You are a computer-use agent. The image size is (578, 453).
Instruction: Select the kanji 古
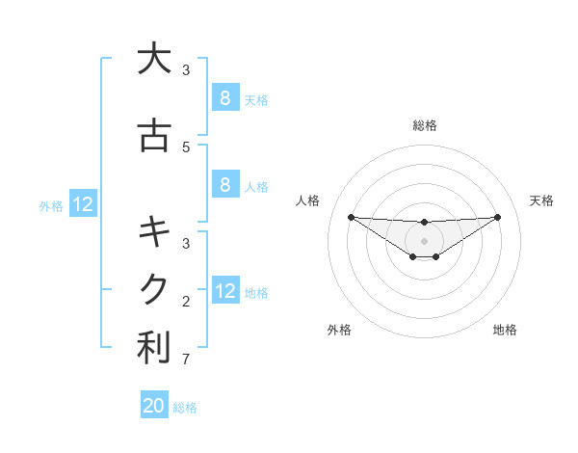154,137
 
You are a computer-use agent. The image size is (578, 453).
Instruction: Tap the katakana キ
154,231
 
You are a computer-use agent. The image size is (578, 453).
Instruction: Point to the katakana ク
154,288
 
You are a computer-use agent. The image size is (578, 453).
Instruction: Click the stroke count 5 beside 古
186,147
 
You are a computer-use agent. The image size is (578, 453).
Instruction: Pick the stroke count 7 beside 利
186,360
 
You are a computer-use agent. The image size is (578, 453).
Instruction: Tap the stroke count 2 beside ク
186,302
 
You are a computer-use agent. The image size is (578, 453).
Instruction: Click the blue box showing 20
154,406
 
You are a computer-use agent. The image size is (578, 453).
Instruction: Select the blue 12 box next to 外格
83,204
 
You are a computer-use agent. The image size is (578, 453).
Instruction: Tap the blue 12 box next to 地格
225,291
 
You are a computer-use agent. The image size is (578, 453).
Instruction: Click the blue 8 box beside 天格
224,98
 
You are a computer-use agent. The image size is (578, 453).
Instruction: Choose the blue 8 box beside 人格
224,185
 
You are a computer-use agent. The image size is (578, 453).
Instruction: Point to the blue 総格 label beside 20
185,408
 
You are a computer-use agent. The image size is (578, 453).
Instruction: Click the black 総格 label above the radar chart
425,125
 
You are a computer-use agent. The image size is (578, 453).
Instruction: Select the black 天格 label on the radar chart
541,200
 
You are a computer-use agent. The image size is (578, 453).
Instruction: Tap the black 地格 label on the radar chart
505,330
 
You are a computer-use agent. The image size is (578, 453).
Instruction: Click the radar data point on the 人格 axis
351,217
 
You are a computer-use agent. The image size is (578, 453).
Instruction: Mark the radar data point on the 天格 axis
498,217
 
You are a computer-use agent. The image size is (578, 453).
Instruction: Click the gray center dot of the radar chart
425,240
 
